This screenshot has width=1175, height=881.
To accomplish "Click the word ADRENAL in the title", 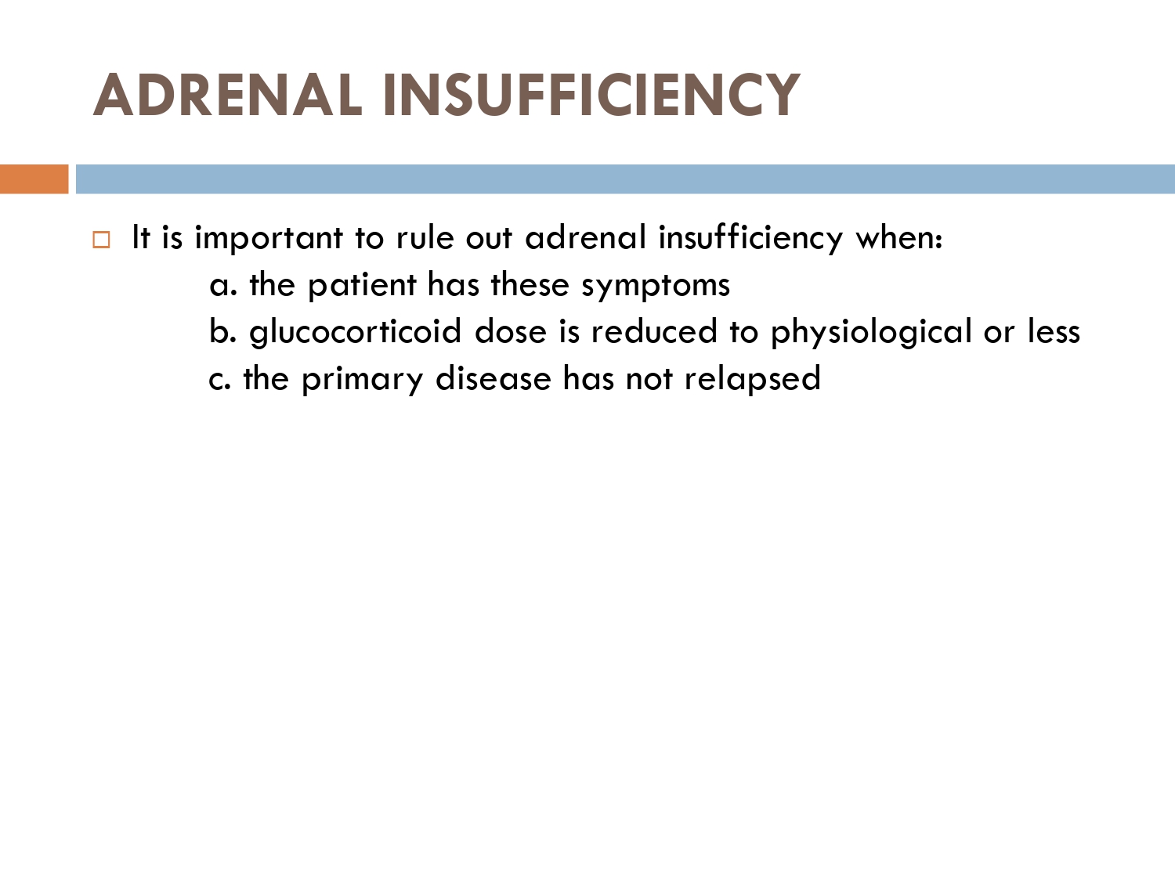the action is pyautogui.click(x=228, y=95).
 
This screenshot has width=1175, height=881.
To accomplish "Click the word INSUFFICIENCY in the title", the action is pyautogui.click(x=591, y=95).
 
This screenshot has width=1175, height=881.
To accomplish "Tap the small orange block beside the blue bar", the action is pyautogui.click(x=34, y=179).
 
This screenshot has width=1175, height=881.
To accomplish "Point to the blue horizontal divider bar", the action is pyautogui.click(x=625, y=179).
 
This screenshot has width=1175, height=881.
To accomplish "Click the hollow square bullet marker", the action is pyautogui.click(x=101, y=240).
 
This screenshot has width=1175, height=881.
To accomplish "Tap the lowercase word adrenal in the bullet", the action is pyautogui.click(x=586, y=237).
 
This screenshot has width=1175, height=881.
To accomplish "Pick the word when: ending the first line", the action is pyautogui.click(x=899, y=238).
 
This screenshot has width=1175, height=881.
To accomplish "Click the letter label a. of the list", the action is pyautogui.click(x=223, y=285).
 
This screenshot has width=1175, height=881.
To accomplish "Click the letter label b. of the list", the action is pyautogui.click(x=222, y=331).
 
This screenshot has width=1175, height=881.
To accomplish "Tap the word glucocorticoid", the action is pyautogui.click(x=355, y=332).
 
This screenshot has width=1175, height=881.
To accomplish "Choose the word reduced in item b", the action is pyautogui.click(x=654, y=331).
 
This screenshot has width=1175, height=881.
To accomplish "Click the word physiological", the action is pyautogui.click(x=871, y=332).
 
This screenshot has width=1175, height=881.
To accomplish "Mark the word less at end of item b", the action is pyautogui.click(x=1054, y=331).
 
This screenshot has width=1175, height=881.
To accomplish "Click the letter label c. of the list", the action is pyautogui.click(x=219, y=380).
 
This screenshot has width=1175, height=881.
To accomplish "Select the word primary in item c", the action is pyautogui.click(x=363, y=380).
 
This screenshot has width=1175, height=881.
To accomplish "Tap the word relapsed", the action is pyautogui.click(x=752, y=379).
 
